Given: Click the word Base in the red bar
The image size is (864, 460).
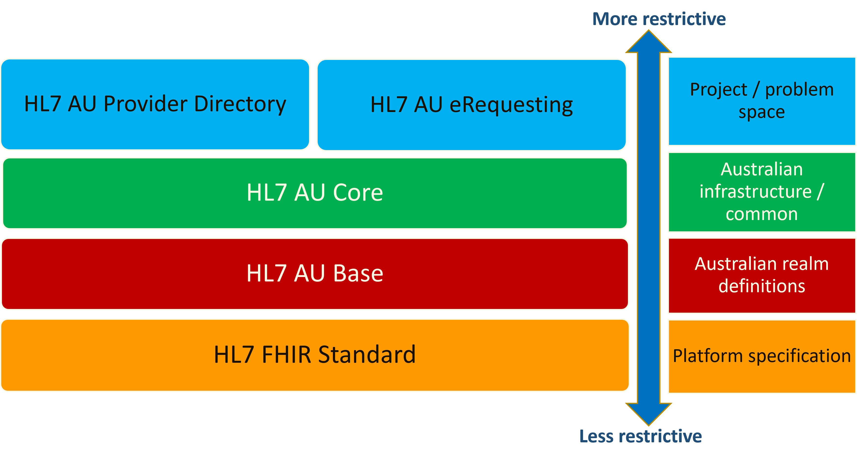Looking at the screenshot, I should pyautogui.click(x=358, y=273).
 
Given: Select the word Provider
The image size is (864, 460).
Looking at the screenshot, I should pyautogui.click(x=145, y=104).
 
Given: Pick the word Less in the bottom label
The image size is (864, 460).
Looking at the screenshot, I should pyautogui.click(x=596, y=436).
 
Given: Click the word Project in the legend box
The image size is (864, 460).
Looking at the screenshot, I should pyautogui.click(x=718, y=90).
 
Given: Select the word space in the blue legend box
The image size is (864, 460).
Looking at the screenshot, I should pyautogui.click(x=762, y=112).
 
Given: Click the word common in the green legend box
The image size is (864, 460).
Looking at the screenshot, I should pyautogui.click(x=762, y=214).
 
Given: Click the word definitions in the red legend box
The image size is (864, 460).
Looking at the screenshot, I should pyautogui.click(x=762, y=286).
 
